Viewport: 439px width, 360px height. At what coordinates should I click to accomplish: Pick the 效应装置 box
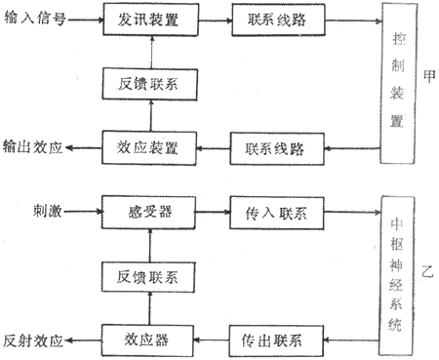tap(146, 149)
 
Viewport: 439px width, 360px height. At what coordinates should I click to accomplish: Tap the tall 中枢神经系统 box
tap(397, 277)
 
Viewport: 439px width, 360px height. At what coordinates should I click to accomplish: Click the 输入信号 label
tap(33, 19)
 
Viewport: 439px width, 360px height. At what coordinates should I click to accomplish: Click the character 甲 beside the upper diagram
tap(428, 77)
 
